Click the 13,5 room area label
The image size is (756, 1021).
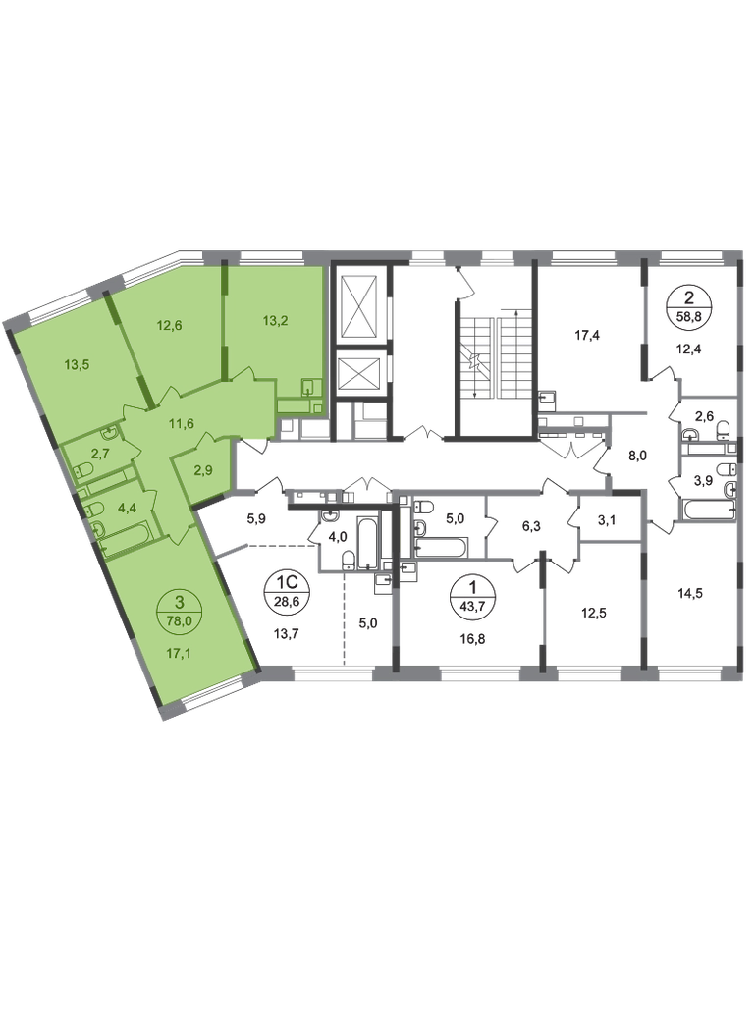click(x=77, y=364)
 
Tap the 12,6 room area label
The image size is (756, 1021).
click(x=169, y=325)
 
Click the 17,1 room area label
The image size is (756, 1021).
click(x=179, y=653)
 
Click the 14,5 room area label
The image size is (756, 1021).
click(x=690, y=593)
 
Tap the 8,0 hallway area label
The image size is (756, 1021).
click(x=637, y=457)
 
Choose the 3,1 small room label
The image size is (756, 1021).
click(x=607, y=520)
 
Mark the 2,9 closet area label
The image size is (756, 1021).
click(x=204, y=469)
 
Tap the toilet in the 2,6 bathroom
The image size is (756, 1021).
click(x=723, y=429)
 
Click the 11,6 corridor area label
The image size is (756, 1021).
click(x=181, y=424)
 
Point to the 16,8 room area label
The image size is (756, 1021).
click(x=472, y=639)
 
